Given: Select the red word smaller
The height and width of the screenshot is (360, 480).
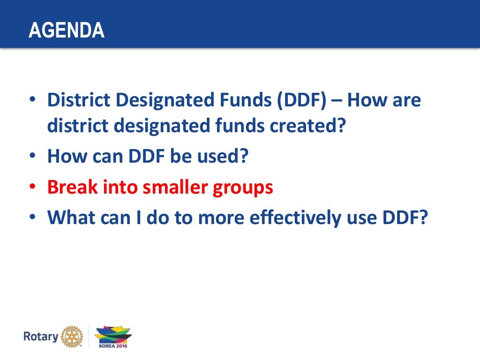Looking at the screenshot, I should point(177,187).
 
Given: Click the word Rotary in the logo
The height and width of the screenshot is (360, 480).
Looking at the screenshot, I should point(41,336).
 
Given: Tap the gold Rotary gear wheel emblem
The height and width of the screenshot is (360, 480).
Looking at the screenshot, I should point(72,336).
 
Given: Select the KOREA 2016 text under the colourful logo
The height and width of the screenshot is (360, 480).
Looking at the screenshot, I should point(113,345).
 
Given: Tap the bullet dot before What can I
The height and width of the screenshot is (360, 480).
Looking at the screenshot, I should point(32,218).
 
